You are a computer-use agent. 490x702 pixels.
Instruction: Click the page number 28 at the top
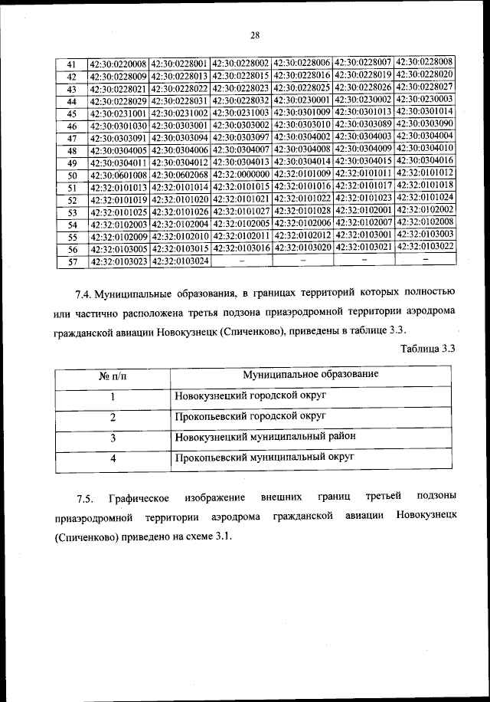tap(255, 34)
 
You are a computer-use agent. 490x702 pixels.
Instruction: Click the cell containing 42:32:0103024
tap(180, 261)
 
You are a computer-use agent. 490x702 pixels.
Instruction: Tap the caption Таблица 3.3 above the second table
tap(428, 349)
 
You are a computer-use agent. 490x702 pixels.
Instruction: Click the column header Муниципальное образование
tap(310, 374)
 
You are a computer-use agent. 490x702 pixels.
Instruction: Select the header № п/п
tap(112, 375)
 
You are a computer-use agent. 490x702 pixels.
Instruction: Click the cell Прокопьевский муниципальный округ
tap(264, 458)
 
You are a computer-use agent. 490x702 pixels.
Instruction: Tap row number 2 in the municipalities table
tap(112, 417)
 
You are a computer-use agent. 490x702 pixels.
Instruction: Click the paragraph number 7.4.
tap(86, 293)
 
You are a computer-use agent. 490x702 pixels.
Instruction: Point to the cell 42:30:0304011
tap(118, 162)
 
